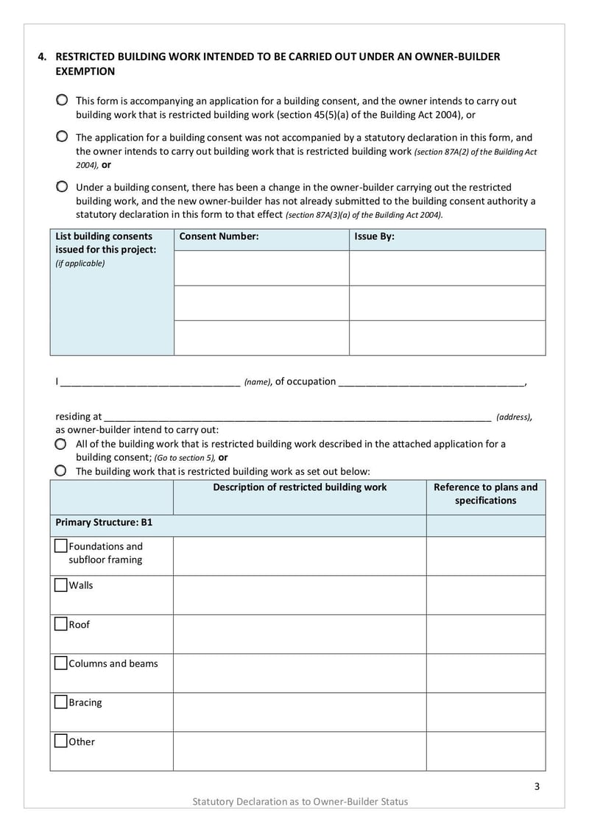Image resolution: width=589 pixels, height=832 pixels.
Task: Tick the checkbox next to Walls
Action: tap(61, 585)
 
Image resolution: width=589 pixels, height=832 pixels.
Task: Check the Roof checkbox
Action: tap(61, 624)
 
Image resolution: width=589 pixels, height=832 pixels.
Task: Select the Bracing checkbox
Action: tap(61, 702)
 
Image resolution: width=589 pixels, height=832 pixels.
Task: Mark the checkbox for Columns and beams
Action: tap(61, 663)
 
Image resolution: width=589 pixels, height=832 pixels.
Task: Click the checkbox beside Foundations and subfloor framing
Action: tap(61, 546)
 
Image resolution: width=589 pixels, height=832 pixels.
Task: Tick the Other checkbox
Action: tap(61, 741)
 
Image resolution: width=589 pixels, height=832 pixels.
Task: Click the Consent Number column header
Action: tap(219, 237)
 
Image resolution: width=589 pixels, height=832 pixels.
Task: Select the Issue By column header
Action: tap(374, 237)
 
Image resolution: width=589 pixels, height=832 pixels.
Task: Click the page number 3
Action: tap(537, 786)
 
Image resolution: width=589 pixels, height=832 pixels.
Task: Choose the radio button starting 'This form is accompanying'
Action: tap(62, 100)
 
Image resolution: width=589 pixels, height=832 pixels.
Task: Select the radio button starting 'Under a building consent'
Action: tap(62, 187)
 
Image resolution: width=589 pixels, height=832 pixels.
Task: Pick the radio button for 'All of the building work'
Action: tap(60, 445)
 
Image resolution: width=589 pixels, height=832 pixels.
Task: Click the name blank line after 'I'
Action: tap(150, 382)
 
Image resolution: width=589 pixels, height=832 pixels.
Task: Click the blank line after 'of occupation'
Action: tap(431, 382)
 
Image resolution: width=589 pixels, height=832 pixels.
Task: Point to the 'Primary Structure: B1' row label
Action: tap(104, 522)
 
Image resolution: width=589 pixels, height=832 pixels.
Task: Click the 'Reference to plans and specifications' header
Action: tap(485, 494)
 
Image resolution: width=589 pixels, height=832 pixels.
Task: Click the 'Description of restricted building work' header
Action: tap(300, 487)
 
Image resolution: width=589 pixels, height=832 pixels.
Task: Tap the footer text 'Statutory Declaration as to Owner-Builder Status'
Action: tap(300, 801)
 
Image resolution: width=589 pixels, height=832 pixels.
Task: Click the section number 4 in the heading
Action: tap(42, 57)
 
